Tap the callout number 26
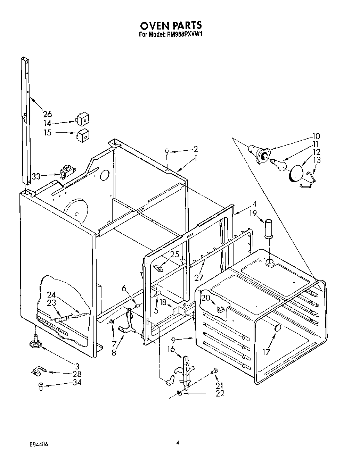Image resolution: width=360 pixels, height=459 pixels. [x=47, y=114]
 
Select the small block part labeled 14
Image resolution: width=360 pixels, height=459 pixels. [x=83, y=119]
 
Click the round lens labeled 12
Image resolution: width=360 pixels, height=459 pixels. [x=296, y=173]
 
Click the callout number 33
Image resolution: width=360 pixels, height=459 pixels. [x=36, y=176]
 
